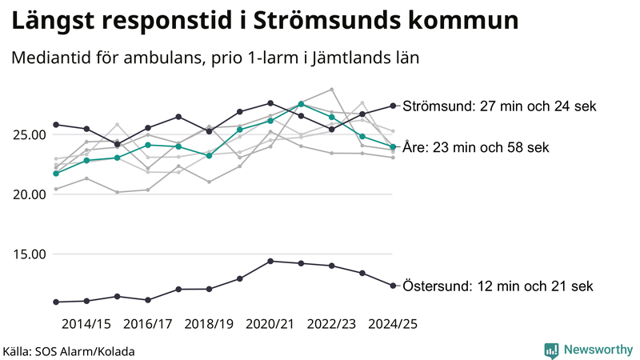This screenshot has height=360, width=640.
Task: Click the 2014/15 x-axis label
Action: pos(86,324)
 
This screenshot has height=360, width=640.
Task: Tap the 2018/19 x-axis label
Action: pos(209,324)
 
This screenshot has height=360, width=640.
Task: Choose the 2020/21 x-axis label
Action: pos(270,324)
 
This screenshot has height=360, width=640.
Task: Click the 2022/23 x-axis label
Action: pos(331,324)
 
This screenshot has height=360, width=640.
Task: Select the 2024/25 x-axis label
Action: pos(392,324)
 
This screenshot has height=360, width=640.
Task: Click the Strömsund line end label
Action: pos(499,106)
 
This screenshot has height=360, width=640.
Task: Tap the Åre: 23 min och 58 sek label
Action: pos(476,147)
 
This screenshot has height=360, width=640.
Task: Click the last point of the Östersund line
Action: pos(393,286)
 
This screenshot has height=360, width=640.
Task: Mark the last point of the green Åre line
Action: pos(393,146)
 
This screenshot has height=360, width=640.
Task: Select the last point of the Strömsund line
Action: pos(393,106)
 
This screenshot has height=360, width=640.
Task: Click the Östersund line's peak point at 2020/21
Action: pos(270,261)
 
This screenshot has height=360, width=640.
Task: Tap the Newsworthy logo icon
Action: pos(551,350)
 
